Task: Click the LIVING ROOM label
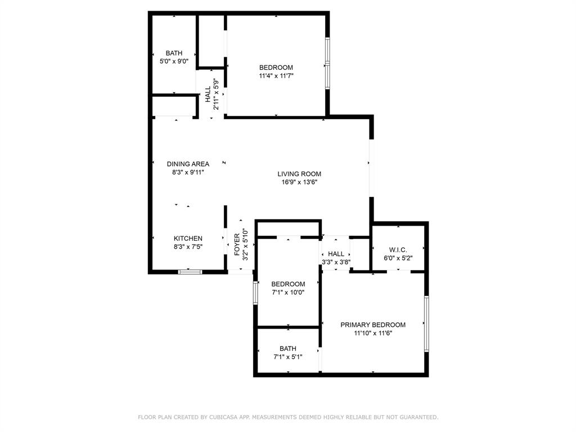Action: click(299, 174)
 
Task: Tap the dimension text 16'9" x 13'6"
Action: click(299, 182)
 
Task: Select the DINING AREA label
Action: click(188, 164)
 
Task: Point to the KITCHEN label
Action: click(188, 238)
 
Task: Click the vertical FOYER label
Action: click(237, 245)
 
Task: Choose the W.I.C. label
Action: click(398, 250)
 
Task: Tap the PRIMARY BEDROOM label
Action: click(373, 325)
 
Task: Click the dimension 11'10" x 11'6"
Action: click(373, 333)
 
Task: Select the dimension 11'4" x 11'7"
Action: click(276, 75)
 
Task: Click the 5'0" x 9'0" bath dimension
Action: click(174, 61)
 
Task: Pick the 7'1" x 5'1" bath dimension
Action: click(287, 357)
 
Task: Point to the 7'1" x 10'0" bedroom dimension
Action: click(288, 292)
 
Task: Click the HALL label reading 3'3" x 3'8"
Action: click(336, 262)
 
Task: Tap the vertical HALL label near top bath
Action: click(208, 93)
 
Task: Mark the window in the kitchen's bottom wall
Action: click(190, 272)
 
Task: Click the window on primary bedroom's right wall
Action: click(426, 324)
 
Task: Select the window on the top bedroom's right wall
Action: click(328, 64)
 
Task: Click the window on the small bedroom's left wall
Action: click(255, 292)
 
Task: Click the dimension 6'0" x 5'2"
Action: click(398, 258)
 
